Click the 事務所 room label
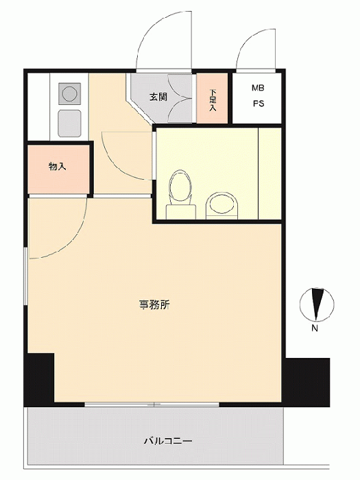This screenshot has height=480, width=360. pos(154,305)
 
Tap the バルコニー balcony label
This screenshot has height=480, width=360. pos(168,441)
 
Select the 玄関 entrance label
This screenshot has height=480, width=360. pos(158,97)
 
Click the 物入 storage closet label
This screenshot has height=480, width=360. pos(57,167)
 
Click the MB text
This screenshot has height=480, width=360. pos(258,88)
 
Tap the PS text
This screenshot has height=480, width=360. pos(259,104)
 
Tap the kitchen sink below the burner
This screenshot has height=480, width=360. pos(69,123)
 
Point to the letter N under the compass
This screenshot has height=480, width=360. pos(314,328)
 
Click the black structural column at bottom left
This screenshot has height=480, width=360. pos(39,380)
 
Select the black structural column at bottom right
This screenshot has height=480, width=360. pos(306,382)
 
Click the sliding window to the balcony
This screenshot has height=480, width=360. pos(152,405)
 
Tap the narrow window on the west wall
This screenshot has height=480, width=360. pos(26,276)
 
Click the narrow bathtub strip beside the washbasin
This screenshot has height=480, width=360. pos(269,173)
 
